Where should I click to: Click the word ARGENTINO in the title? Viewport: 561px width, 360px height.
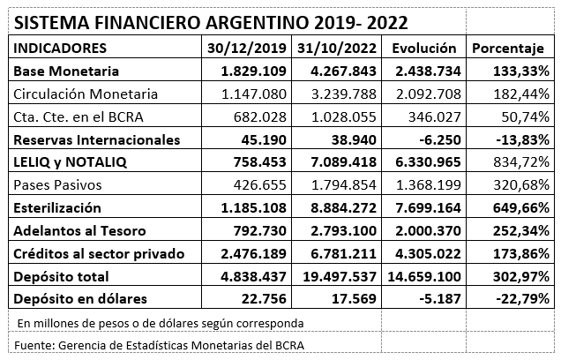click(258, 23)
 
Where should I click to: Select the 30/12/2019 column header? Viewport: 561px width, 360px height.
click(247, 49)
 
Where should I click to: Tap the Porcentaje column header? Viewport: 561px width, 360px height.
click(508, 49)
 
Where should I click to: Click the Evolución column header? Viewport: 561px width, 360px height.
click(424, 49)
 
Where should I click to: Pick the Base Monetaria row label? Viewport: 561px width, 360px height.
click(66, 71)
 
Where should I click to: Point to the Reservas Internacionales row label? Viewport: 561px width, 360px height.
click(97, 140)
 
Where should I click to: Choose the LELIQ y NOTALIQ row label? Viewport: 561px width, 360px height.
click(71, 162)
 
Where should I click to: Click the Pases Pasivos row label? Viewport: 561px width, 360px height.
click(57, 185)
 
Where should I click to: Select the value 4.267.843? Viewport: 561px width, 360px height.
click(343, 71)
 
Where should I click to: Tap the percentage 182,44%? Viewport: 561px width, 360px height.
click(521, 94)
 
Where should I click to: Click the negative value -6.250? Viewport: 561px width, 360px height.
click(440, 140)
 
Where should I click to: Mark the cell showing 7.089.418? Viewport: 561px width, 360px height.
click(343, 162)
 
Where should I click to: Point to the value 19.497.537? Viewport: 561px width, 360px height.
click(340, 277)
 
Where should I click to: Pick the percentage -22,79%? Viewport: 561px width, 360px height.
click(523, 299)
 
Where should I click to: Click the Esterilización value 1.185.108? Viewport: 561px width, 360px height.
click(254, 208)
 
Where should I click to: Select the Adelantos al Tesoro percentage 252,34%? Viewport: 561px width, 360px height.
click(521, 231)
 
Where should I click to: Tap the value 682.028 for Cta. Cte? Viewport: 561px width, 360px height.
click(260, 117)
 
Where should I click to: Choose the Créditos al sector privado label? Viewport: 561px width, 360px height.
click(99, 254)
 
